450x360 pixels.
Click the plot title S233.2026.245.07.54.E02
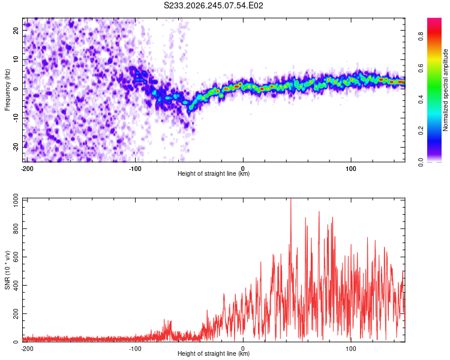tap(213, 5)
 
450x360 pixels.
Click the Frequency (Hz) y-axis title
tap(7, 90)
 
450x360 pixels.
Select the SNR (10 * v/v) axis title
tap(7, 270)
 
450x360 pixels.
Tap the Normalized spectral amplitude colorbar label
tap(445, 90)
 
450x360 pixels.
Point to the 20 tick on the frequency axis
tap(16, 30)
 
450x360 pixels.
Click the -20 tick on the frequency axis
tap(16, 147)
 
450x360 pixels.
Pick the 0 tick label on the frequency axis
tap(16, 89)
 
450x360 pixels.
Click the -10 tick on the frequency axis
tap(16, 118)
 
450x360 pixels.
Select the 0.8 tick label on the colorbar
tap(421, 36)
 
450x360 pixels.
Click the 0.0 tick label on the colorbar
tap(421, 162)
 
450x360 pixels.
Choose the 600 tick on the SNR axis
tap(16, 257)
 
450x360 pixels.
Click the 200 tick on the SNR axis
tap(16, 313)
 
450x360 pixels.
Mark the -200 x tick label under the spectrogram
tap(27, 169)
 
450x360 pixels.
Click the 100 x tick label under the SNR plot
tap(351, 349)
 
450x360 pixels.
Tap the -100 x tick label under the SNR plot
tap(135, 349)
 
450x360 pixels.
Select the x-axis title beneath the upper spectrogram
tap(214, 173)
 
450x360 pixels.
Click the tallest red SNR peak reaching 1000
tap(291, 199)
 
